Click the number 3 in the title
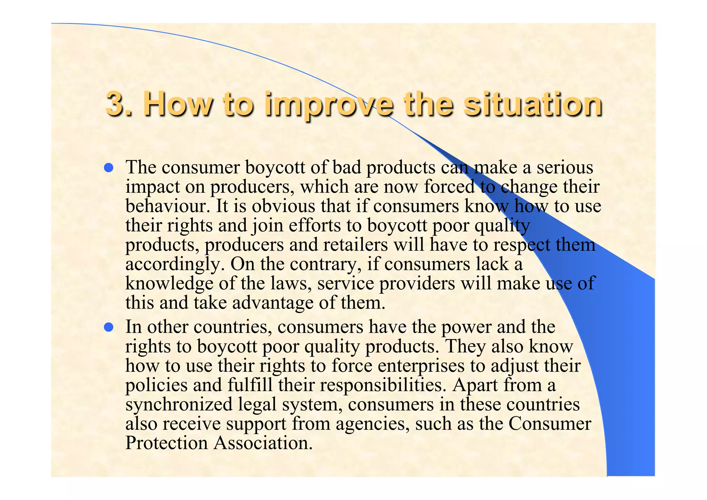click(116, 104)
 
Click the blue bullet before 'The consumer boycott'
click(109, 168)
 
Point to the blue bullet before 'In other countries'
click(109, 327)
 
